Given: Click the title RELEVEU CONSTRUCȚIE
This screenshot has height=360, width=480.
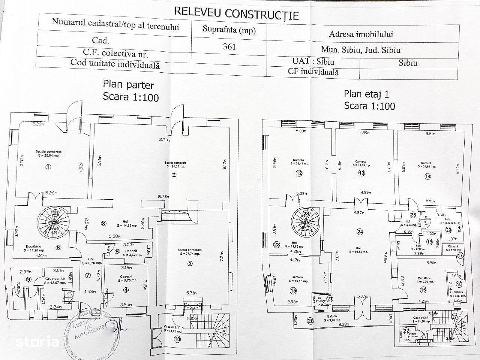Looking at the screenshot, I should pos(237,13).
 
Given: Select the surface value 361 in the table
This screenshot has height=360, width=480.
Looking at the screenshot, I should pos(229,47).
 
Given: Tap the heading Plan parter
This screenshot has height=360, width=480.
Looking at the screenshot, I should pos(129,84).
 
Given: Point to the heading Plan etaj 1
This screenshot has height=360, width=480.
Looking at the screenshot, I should pos(369,93).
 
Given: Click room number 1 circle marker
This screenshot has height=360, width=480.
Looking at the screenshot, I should pos(48,167).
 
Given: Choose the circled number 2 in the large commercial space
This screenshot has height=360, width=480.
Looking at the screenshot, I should pos(174,174).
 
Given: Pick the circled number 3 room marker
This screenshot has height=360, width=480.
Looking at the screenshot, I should pos(190,264).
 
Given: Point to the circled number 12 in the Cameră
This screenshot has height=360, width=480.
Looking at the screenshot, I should pos(299,173).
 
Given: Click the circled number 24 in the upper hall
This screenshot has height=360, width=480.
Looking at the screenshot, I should pos(360,232).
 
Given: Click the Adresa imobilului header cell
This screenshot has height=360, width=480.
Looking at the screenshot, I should pos(361,34).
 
